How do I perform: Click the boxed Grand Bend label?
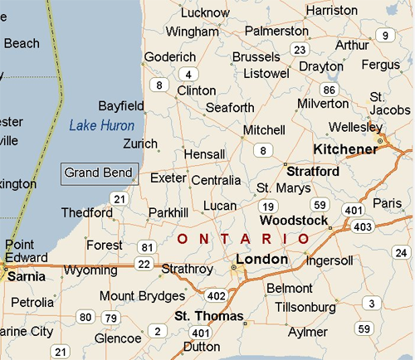pos(98,173)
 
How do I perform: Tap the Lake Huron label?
pos(101,125)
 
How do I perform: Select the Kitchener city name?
pos(344,149)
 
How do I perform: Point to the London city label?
pos(261,259)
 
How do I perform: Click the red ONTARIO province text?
pos(244,239)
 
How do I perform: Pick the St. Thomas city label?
pos(208,317)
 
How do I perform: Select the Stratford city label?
pos(312,172)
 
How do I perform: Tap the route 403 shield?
pos(362,226)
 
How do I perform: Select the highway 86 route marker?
pos(330,89)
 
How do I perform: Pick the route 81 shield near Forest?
pos(148,247)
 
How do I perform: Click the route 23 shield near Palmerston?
pos(300,49)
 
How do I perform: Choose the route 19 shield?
pos(267,207)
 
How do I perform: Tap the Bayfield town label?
pos(121,106)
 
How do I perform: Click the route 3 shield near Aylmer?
pos(372,303)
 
